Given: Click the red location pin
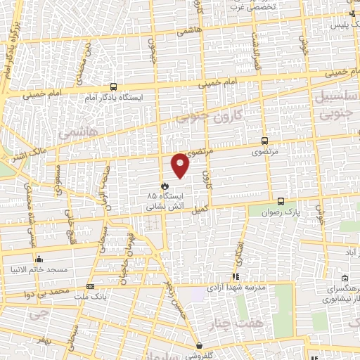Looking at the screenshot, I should [181, 165].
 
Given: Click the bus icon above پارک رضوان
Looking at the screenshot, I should [281, 200].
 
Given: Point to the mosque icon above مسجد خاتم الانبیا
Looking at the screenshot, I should [39, 259].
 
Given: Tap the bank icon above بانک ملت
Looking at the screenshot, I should [90, 287].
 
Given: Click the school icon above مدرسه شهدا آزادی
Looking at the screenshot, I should [236, 276].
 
